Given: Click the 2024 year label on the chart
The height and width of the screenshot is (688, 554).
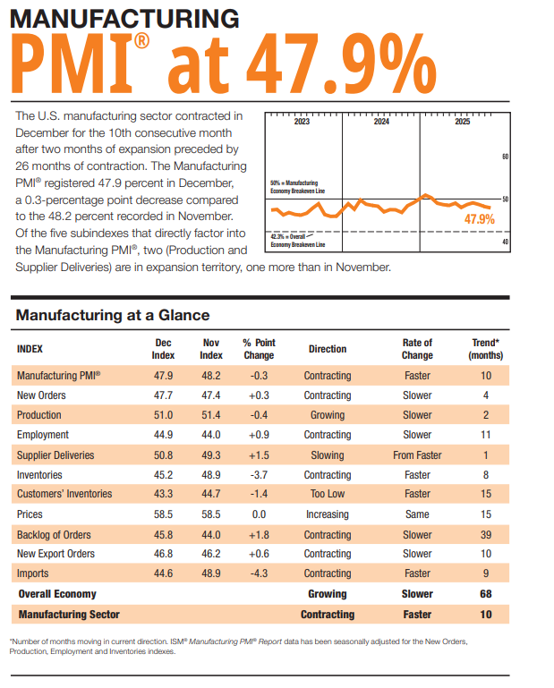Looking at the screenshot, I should (x=381, y=122).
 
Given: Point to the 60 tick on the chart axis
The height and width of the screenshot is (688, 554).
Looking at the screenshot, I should (x=506, y=157).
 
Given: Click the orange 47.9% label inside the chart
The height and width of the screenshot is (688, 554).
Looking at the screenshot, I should (x=479, y=219).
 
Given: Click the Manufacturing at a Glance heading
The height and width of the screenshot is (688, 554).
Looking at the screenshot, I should (x=112, y=315).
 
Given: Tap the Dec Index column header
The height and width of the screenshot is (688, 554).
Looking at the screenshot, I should (x=164, y=349).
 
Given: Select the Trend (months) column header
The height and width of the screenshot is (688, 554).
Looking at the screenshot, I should (x=487, y=349).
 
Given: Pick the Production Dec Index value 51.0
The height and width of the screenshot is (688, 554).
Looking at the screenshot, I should (x=164, y=415).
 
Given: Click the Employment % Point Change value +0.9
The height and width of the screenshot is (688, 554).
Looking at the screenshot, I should (x=259, y=435).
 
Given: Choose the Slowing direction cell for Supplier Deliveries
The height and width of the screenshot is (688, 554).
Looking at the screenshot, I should (x=328, y=454).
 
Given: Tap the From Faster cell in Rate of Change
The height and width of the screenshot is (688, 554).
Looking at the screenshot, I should (x=417, y=454).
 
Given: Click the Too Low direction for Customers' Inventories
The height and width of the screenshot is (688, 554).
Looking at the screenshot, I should (x=328, y=495).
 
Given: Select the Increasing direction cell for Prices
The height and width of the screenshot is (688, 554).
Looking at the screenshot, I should (x=328, y=514).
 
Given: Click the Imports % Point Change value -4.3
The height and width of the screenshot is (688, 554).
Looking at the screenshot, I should (x=259, y=573).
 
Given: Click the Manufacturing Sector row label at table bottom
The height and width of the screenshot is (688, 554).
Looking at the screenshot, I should (x=69, y=615).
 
